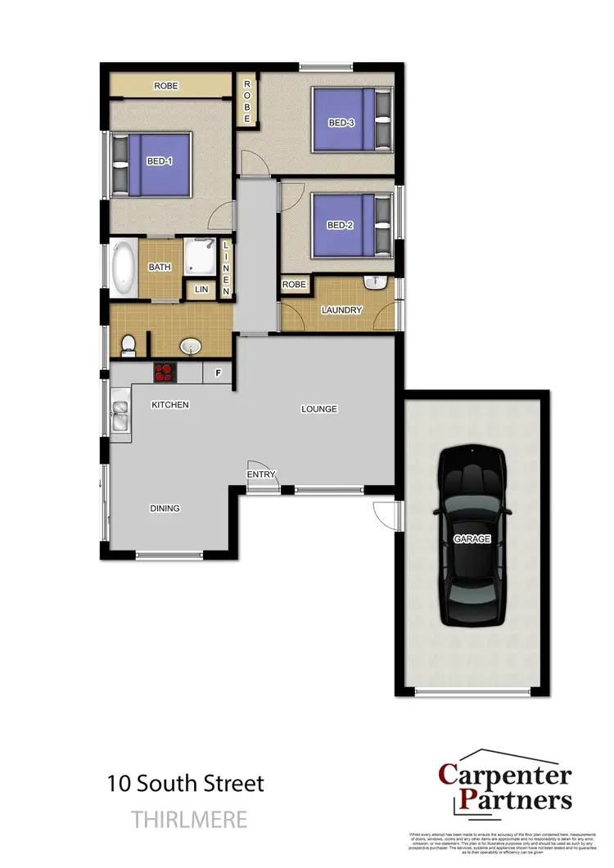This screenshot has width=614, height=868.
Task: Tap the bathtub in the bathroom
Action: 124,268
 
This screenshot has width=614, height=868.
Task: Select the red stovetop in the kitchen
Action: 165,372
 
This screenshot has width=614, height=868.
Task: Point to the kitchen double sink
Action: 120,416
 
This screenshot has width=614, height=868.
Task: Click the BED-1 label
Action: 160,161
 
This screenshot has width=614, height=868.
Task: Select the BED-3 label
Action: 341,124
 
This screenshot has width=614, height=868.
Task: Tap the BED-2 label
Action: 339,226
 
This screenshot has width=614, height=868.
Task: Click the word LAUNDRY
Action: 341,310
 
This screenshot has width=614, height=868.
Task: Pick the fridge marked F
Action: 218,373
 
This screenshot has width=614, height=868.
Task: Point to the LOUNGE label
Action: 319,409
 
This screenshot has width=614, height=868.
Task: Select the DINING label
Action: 165,508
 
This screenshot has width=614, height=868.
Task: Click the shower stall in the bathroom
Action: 200,257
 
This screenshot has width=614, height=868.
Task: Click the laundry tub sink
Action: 376,285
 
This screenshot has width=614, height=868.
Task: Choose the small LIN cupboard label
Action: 201,290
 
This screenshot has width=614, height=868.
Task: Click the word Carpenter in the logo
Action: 505,775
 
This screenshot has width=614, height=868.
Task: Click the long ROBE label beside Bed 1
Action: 165,86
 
